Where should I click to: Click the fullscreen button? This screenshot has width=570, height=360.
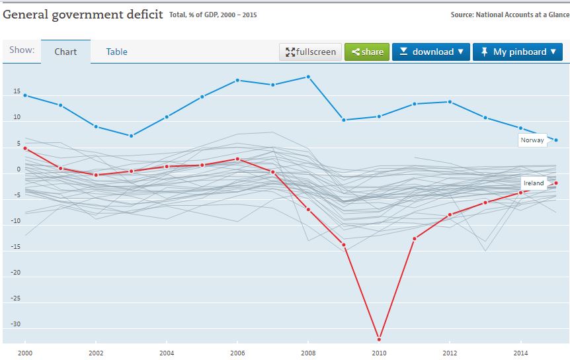tap(311, 52)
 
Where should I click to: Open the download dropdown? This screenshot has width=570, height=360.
tap(430, 52)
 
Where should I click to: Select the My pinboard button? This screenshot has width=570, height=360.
tap(518, 52)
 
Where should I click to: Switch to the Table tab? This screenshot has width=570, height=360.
tap(117, 52)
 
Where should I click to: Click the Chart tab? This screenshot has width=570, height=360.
tap(65, 52)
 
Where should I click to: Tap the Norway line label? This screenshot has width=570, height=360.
tap(532, 140)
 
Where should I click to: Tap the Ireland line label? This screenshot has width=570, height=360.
tap(534, 183)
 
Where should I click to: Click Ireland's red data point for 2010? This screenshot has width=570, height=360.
tap(379, 339)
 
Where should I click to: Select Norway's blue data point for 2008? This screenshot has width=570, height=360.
tap(308, 77)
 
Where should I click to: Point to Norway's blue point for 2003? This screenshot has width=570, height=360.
tap(132, 136)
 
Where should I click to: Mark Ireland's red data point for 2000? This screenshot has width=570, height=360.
tap(25, 148)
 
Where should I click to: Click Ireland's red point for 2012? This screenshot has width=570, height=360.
tap(450, 214)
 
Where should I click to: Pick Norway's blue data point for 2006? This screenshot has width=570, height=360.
tap(237, 80)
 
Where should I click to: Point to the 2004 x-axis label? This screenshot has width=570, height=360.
tap(167, 353)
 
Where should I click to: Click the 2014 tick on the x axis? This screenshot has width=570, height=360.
tap(520, 353)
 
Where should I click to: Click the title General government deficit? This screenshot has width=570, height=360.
tap(83, 14)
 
